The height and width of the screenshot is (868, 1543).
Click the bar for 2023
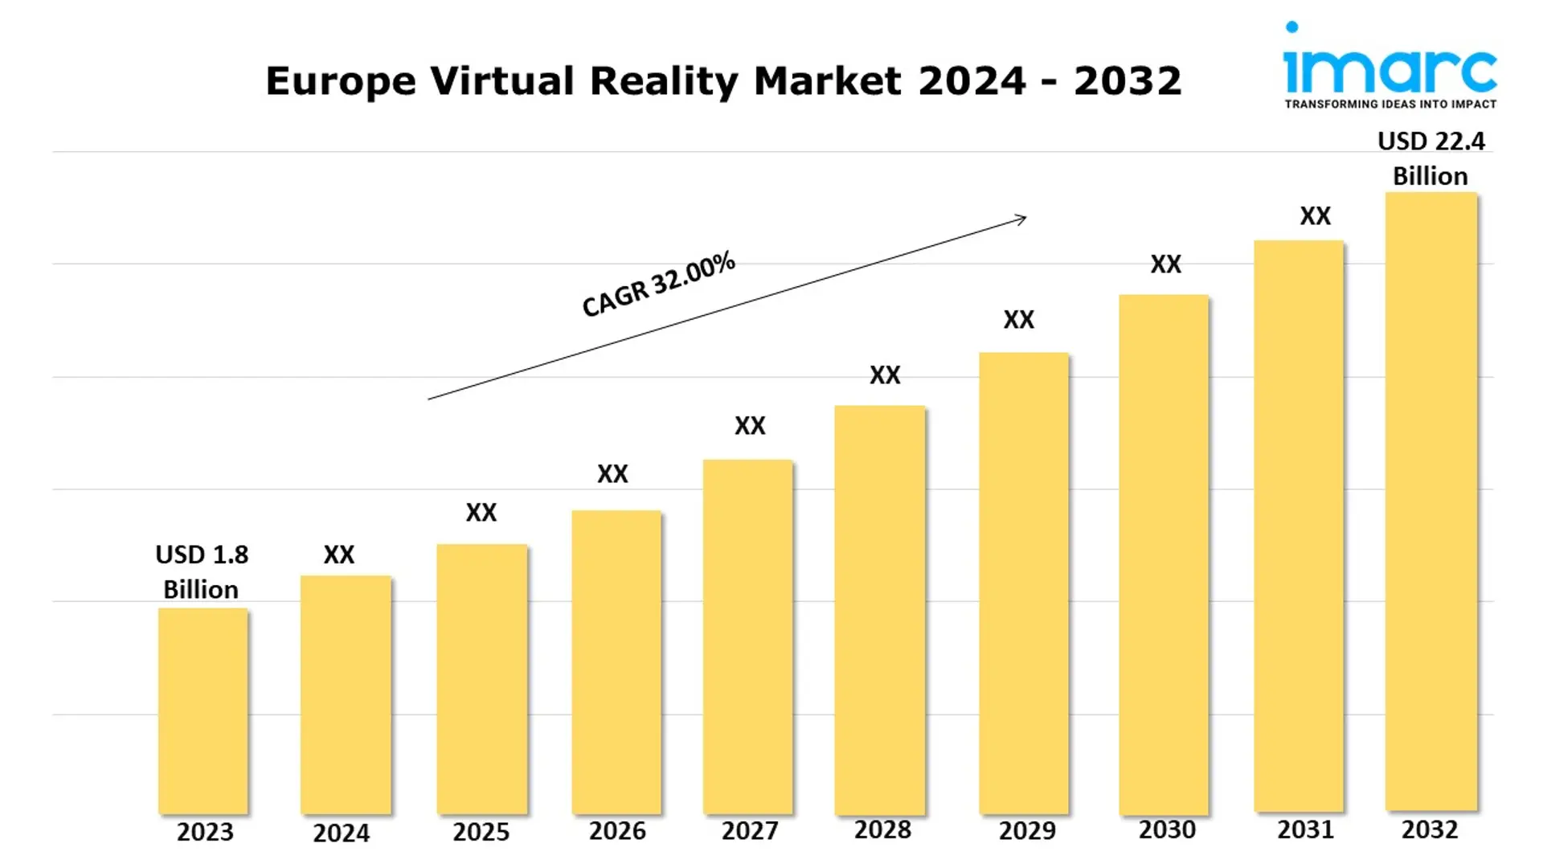[x=203, y=711]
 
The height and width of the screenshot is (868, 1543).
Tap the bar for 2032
[x=1430, y=502]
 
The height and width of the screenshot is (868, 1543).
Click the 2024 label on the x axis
[x=341, y=833]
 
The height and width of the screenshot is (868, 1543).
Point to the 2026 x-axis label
[x=617, y=831]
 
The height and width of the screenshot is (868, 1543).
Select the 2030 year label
[x=1167, y=829]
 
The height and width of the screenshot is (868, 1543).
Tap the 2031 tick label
[x=1305, y=829]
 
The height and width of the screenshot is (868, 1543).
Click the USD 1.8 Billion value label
[x=201, y=571]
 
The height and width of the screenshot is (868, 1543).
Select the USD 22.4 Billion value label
[x=1430, y=158]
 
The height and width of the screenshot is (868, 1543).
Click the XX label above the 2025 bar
[x=481, y=513]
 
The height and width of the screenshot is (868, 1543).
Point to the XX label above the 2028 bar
[x=885, y=375]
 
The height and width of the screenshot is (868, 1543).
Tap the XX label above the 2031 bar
[x=1316, y=216]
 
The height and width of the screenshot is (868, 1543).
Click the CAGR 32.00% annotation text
[x=658, y=284]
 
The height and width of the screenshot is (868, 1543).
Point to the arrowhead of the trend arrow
[x=1022, y=218]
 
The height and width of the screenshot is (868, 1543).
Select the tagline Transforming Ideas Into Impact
[x=1390, y=104]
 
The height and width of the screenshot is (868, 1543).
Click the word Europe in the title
[x=341, y=82]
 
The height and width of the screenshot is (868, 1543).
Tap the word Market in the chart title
[x=827, y=81]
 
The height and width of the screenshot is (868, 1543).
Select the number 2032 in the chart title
[x=1128, y=81]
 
